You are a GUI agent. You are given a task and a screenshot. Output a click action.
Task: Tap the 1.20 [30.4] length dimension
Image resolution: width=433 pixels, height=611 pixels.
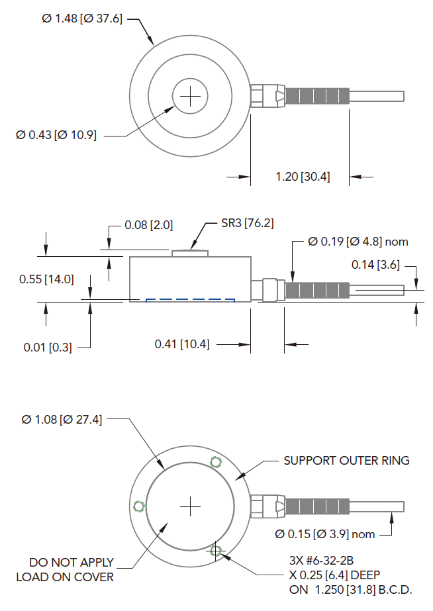pyautogui.click(x=303, y=177)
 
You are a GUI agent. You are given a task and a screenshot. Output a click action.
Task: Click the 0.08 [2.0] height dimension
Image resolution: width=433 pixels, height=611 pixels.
pyautogui.click(x=148, y=225)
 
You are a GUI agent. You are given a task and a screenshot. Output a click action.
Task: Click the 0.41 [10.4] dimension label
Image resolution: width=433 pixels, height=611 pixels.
pyautogui.click(x=182, y=344)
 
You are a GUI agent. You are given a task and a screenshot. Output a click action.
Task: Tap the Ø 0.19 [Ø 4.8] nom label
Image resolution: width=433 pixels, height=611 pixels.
pyautogui.click(x=358, y=242)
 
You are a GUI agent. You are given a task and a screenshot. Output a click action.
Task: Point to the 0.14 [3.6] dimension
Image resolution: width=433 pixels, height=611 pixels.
pyautogui.click(x=375, y=265)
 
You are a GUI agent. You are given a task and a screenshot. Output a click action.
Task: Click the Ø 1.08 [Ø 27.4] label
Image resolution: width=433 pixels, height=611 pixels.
pyautogui.click(x=62, y=420)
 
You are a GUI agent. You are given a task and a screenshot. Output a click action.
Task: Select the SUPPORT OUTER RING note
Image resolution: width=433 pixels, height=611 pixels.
pyautogui.click(x=346, y=460)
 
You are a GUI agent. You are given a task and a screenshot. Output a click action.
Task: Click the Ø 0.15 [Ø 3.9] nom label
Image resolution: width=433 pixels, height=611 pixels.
pyautogui.click(x=324, y=534)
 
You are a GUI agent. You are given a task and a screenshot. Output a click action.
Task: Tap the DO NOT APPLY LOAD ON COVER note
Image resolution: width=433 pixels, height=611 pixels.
pyautogui.click(x=65, y=569)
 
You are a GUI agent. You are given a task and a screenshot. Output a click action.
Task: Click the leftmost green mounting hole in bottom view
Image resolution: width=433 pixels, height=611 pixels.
pyautogui.click(x=138, y=507)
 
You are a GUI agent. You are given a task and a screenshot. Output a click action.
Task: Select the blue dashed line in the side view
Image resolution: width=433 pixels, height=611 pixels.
pyautogui.click(x=191, y=300)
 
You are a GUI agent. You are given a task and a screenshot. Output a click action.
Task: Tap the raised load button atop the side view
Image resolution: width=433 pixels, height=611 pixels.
pyautogui.click(x=191, y=253)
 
